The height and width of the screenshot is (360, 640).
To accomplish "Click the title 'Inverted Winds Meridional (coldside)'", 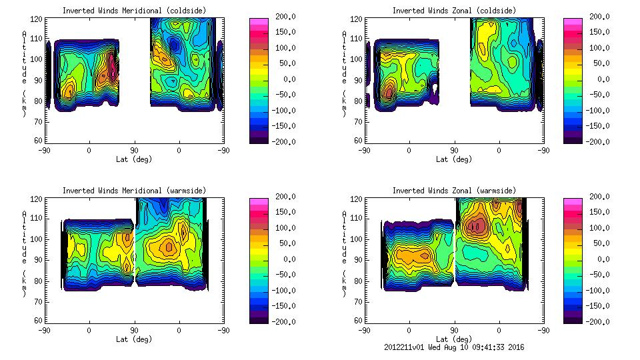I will pos(134,10).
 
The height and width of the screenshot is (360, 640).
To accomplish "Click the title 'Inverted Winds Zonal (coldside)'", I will pos(454,10).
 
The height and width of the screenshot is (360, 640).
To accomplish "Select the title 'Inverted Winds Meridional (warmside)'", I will pos(134,191).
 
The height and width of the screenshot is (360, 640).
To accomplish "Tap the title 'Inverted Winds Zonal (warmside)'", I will pos(454,191).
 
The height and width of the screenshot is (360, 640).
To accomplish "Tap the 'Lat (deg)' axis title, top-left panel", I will pos(134,159).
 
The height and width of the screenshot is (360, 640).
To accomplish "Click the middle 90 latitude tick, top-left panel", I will pos(134,151).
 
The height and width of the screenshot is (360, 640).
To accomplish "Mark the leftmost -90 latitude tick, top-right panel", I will pos(363,151).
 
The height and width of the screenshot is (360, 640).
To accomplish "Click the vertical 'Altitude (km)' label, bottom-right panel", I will pos(344,253).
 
